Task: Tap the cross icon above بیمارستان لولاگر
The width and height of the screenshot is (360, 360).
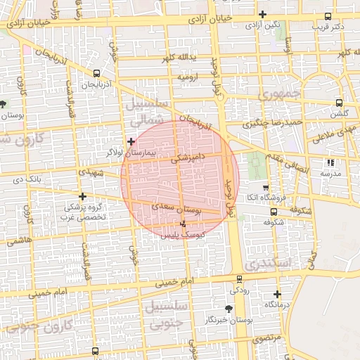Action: pos(131,142)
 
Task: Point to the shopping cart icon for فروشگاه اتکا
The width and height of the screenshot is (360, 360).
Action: pos(265,188)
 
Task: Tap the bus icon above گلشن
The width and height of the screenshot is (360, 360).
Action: pos(340,102)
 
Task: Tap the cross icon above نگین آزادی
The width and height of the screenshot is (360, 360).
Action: pos(262,14)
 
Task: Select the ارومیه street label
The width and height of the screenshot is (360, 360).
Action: pos(190,75)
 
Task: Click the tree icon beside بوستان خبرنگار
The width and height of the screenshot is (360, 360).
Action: pos(229,309)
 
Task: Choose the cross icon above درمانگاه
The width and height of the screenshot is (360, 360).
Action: pos(277,295)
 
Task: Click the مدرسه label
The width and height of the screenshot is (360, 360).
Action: pos(330,173)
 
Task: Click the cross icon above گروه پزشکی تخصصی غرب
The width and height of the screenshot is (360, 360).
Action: pos(83,196)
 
